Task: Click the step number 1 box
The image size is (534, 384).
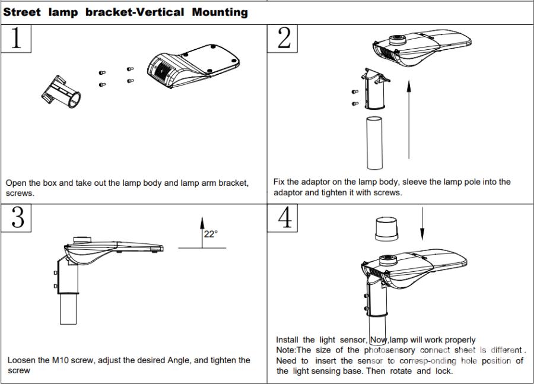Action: (16, 39)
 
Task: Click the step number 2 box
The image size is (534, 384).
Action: (284, 39)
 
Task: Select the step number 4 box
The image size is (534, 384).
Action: (284, 218)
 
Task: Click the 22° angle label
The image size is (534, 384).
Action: (211, 234)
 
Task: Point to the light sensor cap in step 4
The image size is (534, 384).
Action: (387, 229)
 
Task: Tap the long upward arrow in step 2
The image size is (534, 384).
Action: (409, 119)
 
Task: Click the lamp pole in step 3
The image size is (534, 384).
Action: (68, 309)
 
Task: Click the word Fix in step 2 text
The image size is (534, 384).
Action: (279, 182)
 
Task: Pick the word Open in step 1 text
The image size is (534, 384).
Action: (16, 183)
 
